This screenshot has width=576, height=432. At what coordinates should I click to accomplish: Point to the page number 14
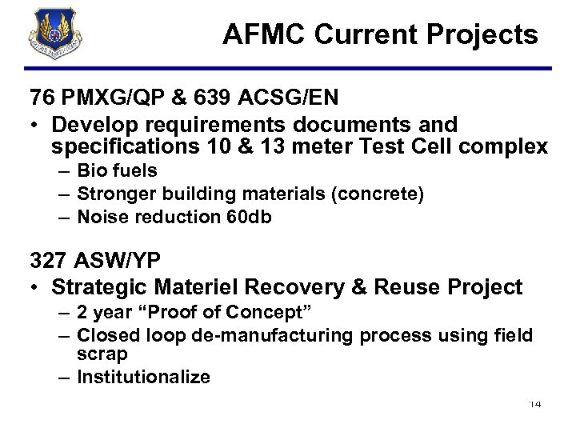(x=535, y=404)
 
